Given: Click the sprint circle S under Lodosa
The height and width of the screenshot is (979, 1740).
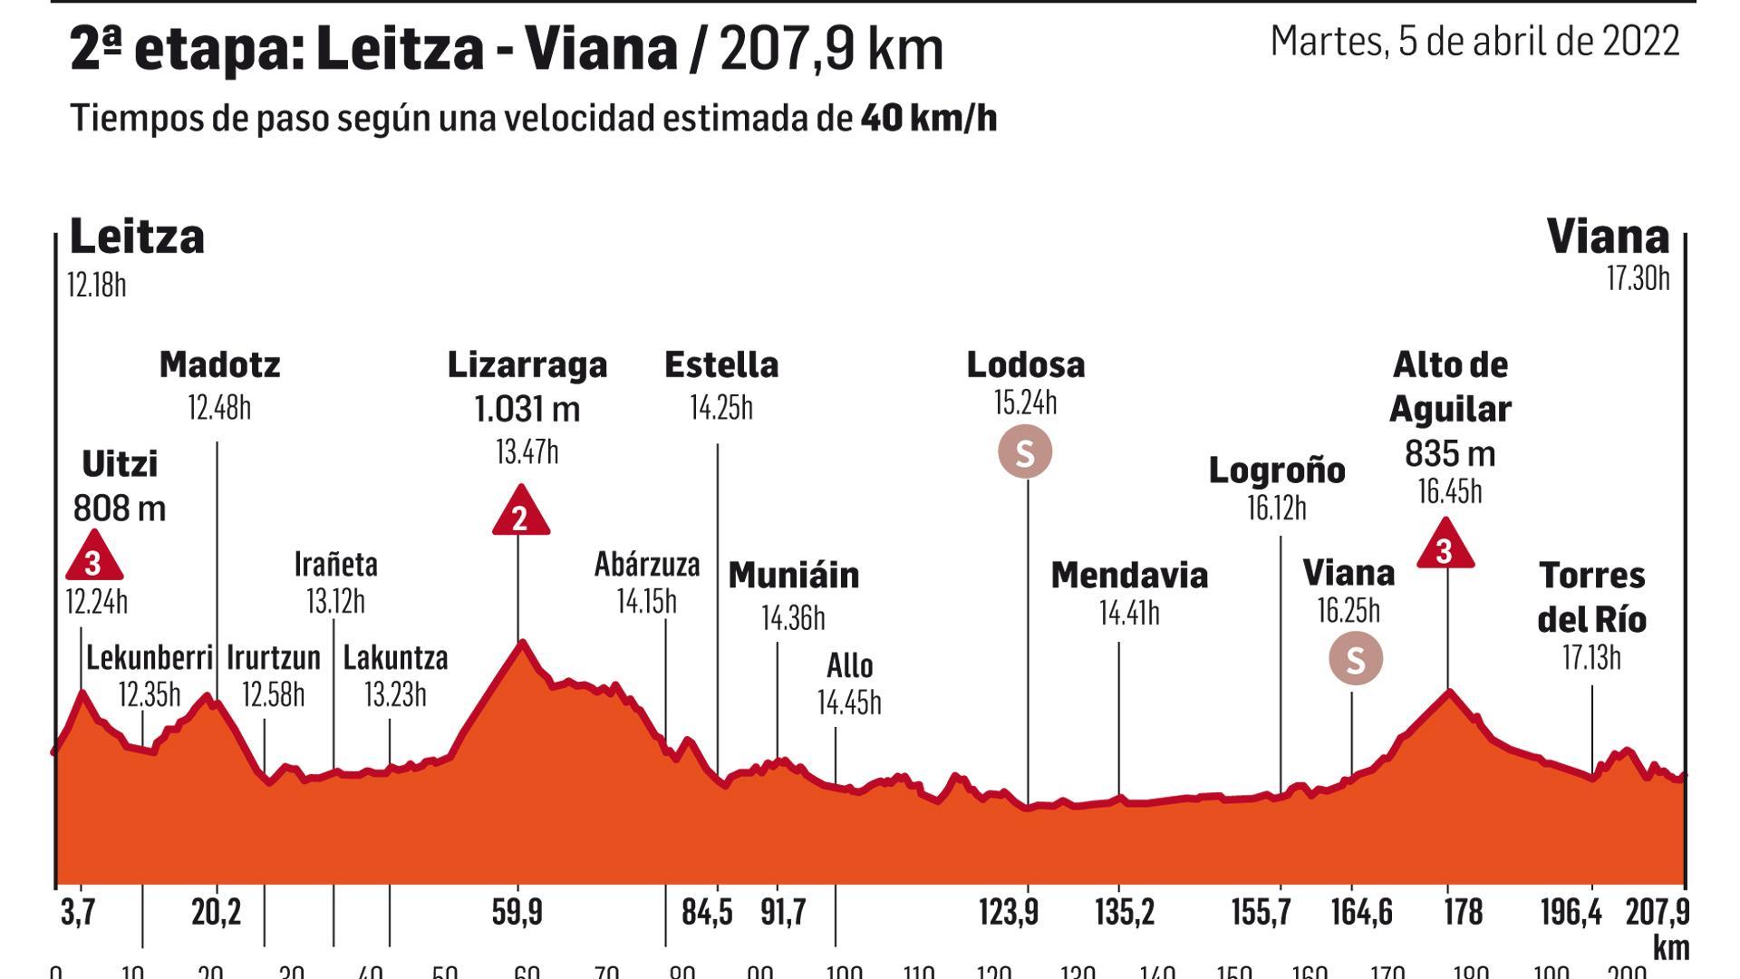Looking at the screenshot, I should (x=1025, y=452).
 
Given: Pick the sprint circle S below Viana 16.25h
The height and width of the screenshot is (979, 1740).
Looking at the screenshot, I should (x=1355, y=659).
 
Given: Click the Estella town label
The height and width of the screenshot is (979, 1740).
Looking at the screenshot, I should (x=720, y=364).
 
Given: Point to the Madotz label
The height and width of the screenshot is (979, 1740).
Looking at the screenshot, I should (x=219, y=364).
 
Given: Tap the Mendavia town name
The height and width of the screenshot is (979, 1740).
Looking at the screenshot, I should (x=1129, y=576).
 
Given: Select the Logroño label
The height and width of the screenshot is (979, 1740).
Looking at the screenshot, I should (x=1277, y=470).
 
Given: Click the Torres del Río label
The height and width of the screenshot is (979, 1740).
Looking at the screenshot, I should (x=1591, y=597).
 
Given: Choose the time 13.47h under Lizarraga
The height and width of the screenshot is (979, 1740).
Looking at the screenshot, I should (x=527, y=451).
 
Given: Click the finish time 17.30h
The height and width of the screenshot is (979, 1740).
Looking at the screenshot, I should (x=1638, y=278).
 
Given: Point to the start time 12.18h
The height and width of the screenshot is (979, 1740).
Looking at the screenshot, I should (x=96, y=286).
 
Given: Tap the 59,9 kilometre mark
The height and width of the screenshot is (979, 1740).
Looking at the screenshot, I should (x=517, y=912).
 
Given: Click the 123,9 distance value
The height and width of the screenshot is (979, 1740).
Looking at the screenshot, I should (x=1008, y=912).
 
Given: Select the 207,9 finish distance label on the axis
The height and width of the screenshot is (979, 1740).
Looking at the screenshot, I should (x=1658, y=912).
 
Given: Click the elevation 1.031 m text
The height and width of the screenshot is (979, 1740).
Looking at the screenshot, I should (x=527, y=409).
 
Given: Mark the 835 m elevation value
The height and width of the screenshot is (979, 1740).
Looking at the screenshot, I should (x=1450, y=453).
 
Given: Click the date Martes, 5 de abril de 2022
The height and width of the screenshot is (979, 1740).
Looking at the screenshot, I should (x=1474, y=42).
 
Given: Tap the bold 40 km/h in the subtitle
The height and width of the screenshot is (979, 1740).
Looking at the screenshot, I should (x=929, y=119).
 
